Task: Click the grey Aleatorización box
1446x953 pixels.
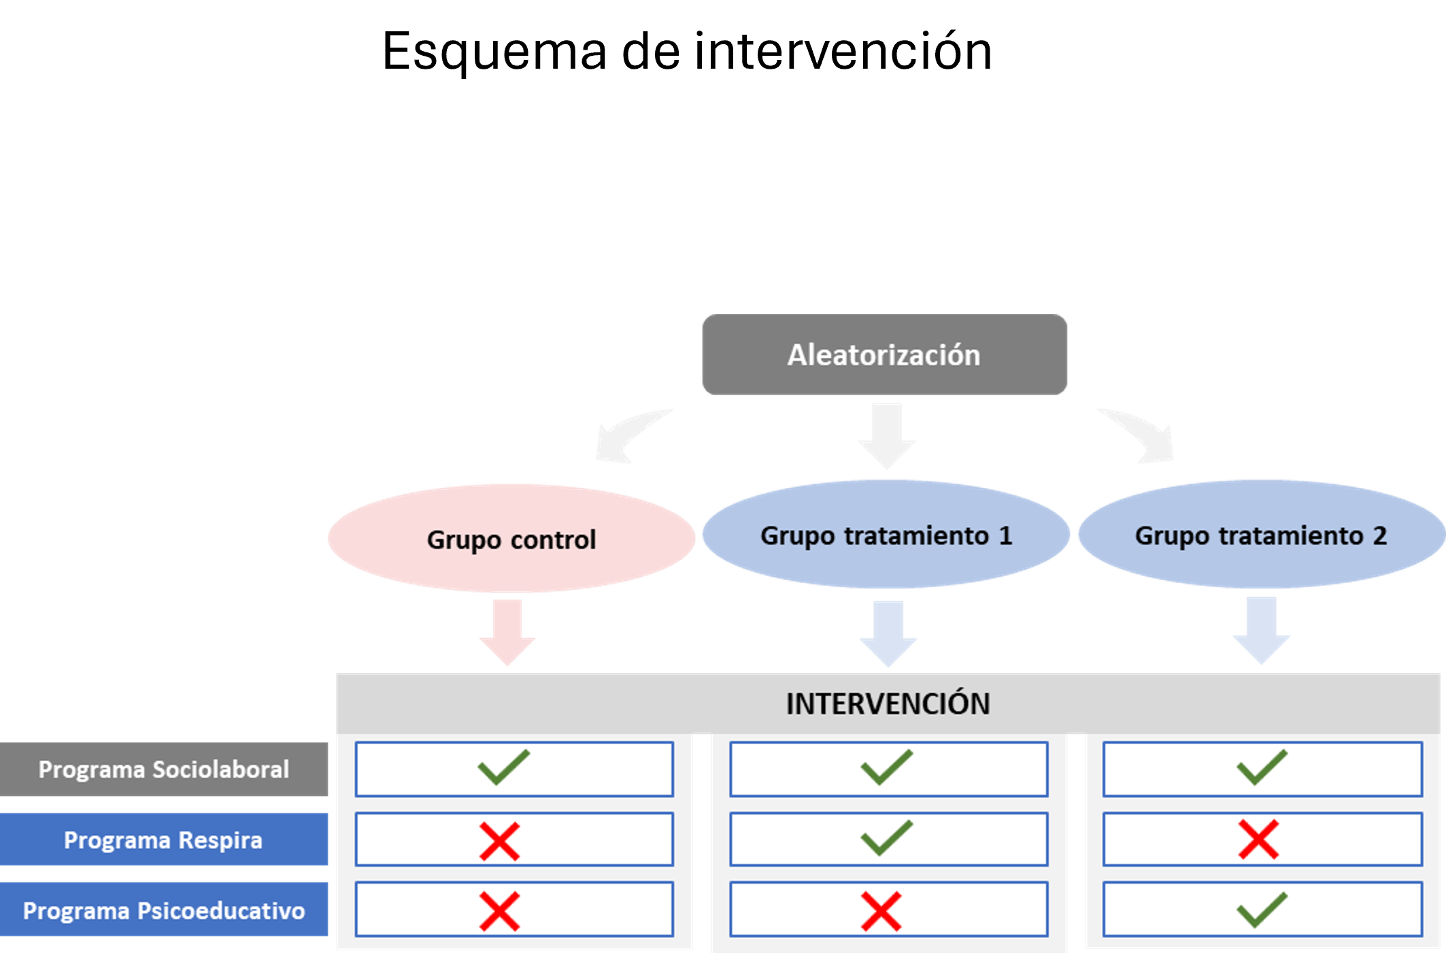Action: coord(884,354)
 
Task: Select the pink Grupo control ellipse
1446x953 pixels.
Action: coord(511,539)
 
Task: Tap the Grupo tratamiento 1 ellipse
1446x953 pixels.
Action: coord(886,535)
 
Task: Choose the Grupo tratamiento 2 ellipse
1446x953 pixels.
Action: coord(1260,535)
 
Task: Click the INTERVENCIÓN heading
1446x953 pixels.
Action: coord(888,704)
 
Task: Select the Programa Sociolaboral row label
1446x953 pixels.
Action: coord(163,769)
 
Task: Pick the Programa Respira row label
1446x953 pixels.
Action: coord(163,840)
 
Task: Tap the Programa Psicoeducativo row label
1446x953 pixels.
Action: coord(163,910)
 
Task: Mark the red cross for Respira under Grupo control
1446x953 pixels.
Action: coord(500,841)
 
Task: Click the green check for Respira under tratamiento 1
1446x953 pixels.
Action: coord(886,838)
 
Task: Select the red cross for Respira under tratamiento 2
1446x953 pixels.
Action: coord(1258,840)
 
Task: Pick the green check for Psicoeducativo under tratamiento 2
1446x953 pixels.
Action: coord(1261,909)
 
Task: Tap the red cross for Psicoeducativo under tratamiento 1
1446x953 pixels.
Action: coord(881,912)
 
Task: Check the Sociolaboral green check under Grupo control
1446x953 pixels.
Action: coord(503,767)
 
